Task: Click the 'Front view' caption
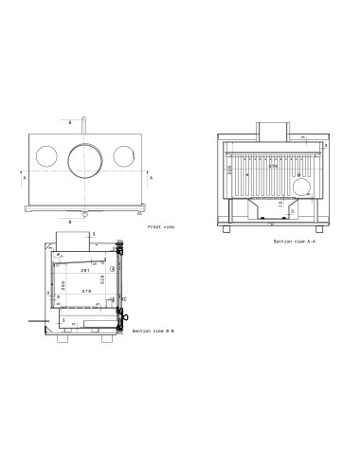point(162,227)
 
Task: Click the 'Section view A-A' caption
point(293,242)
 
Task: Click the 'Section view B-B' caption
point(154,332)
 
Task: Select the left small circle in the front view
point(45,156)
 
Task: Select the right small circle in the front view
point(125,156)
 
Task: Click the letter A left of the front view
point(25,177)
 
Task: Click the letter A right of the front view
point(151,177)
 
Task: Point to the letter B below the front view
point(83,224)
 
